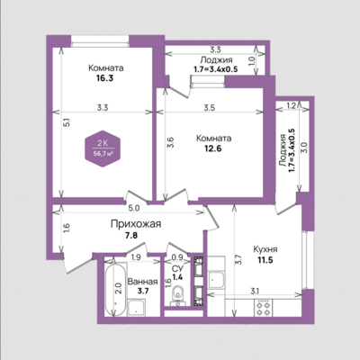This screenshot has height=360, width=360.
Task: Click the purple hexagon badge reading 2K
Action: [103, 148]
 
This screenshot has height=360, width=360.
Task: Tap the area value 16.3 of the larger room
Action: [104, 78]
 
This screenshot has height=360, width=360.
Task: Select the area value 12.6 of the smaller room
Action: [212, 148]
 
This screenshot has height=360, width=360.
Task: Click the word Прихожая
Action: [136, 224]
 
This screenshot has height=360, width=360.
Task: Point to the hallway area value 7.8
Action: [131, 236]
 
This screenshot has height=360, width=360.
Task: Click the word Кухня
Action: [265, 249]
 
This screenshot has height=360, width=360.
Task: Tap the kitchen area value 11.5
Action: [265, 260]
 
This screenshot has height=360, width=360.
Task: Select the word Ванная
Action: [142, 282]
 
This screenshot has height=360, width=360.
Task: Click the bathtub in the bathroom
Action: [115, 290]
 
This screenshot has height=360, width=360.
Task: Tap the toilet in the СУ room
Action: [179, 295]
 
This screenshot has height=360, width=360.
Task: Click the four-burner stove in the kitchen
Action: [263, 308]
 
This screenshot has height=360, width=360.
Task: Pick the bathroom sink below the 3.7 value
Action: [137, 307]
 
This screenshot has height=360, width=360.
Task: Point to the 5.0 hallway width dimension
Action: [134, 208]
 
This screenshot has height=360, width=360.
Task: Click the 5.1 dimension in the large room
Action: [67, 122]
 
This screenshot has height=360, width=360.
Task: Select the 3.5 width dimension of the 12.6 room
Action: [209, 108]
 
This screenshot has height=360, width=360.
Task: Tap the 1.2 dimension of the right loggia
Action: [291, 105]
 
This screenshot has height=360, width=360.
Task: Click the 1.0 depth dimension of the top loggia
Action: [252, 61]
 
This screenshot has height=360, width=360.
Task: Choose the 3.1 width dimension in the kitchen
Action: [255, 291]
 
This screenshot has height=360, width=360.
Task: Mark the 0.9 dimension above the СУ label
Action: [178, 257]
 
